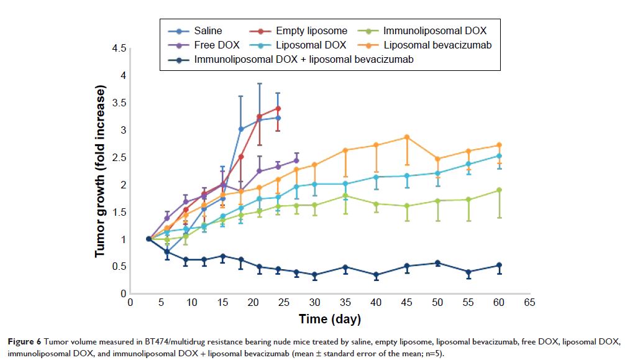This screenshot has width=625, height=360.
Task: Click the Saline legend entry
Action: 208,30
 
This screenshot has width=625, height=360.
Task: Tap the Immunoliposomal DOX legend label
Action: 435,30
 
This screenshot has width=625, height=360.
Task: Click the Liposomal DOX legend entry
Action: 311,45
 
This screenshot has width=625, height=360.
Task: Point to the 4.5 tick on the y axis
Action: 120,48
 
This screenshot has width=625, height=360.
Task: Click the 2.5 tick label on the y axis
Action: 120,157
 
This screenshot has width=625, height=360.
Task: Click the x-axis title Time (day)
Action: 330,320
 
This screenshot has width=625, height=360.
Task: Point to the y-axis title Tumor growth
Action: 100,171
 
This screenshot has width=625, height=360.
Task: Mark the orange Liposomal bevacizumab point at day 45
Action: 407,137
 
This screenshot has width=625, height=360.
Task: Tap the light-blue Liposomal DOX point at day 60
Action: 499,156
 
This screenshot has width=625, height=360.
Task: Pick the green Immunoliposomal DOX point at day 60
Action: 499,190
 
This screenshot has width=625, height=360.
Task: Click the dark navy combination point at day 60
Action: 499,265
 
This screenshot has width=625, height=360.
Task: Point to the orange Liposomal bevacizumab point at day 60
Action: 499,145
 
